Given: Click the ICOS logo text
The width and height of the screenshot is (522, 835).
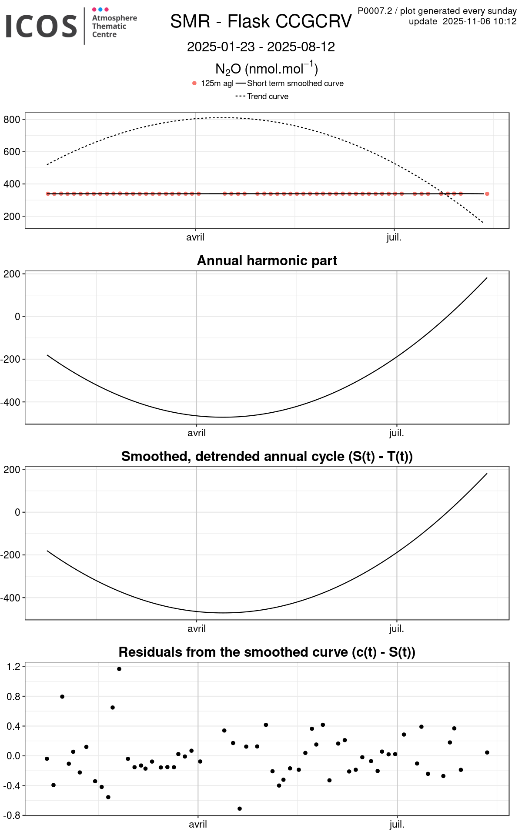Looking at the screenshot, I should (x=41, y=26).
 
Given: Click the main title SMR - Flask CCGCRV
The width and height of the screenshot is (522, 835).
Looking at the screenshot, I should (x=261, y=21).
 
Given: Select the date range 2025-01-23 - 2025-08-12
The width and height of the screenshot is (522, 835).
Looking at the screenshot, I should (x=261, y=47).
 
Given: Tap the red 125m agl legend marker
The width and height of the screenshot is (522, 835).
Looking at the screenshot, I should (x=194, y=83).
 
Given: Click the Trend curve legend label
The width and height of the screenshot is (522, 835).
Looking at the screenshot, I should (x=268, y=97).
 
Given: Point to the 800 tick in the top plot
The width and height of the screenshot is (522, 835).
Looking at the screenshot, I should (x=12, y=120).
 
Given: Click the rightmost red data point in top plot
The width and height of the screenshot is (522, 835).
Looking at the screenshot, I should (x=487, y=194).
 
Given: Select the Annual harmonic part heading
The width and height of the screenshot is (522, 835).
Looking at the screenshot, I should (x=267, y=261).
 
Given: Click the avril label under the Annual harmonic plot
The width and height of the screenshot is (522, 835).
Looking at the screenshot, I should (x=197, y=433).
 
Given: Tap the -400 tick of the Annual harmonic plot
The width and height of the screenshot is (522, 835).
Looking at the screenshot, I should (x=10, y=402).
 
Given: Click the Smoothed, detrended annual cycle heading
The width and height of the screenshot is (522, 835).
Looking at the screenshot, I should (x=267, y=456).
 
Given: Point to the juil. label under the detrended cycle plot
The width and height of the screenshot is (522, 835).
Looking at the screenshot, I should (x=396, y=629).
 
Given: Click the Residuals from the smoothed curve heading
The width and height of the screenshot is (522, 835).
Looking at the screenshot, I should (x=267, y=652).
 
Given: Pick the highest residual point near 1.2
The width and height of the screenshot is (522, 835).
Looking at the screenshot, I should (x=119, y=669).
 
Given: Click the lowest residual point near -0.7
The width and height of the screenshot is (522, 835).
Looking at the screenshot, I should (x=240, y=808).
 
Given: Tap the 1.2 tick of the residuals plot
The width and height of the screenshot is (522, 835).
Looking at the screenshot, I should (x=14, y=667).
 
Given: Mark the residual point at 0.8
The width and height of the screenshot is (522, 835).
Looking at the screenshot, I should (x=62, y=697).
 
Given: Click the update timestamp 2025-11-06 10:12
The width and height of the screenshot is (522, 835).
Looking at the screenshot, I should (x=479, y=21).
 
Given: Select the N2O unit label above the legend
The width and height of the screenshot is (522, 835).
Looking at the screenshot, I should (x=267, y=69).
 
